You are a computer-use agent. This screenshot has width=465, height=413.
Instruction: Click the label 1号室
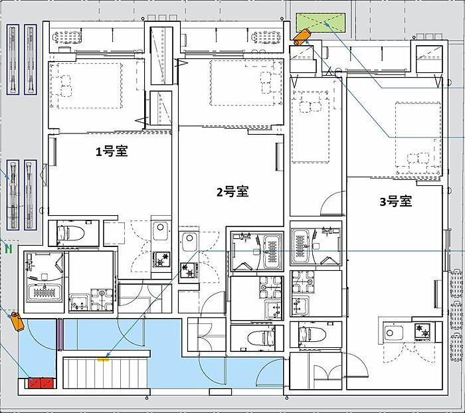coord(112,151)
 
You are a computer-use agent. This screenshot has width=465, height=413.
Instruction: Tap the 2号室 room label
coord(232,192)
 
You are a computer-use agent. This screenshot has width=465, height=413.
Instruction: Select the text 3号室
coord(396,202)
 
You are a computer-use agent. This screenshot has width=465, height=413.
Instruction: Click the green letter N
coord(9,249)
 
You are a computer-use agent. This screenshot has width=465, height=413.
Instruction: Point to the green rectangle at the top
coord(321,22)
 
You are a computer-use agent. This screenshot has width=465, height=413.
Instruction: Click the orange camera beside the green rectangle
coord(302,37)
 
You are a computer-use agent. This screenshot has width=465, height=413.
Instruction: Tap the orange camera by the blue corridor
coord(17,321)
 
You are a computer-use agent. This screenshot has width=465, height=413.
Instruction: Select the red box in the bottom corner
coord(41,382)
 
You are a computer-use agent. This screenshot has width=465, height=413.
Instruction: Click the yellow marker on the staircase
coord(103,359)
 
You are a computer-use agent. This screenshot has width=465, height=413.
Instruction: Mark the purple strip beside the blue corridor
coord(60,334)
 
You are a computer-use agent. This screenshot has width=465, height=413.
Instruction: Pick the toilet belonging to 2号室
coord(261,338)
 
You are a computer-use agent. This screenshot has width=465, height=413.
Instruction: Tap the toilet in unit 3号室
coord(312,335)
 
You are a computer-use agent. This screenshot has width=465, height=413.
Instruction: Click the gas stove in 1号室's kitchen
coord(161,260)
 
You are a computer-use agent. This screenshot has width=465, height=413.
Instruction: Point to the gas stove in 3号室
coord(422,331)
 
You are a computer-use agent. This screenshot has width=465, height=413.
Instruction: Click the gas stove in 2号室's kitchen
coord(189,270)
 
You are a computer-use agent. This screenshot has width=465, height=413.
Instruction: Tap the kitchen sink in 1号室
coord(161,231)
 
